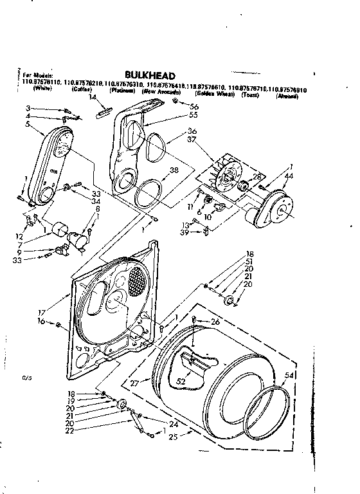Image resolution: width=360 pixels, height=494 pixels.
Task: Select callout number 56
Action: pyautogui.click(x=194, y=105)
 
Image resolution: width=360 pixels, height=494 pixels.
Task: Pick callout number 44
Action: pyautogui.click(x=290, y=176)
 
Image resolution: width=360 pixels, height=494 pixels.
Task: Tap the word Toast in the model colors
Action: pyautogui.click(x=249, y=95)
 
